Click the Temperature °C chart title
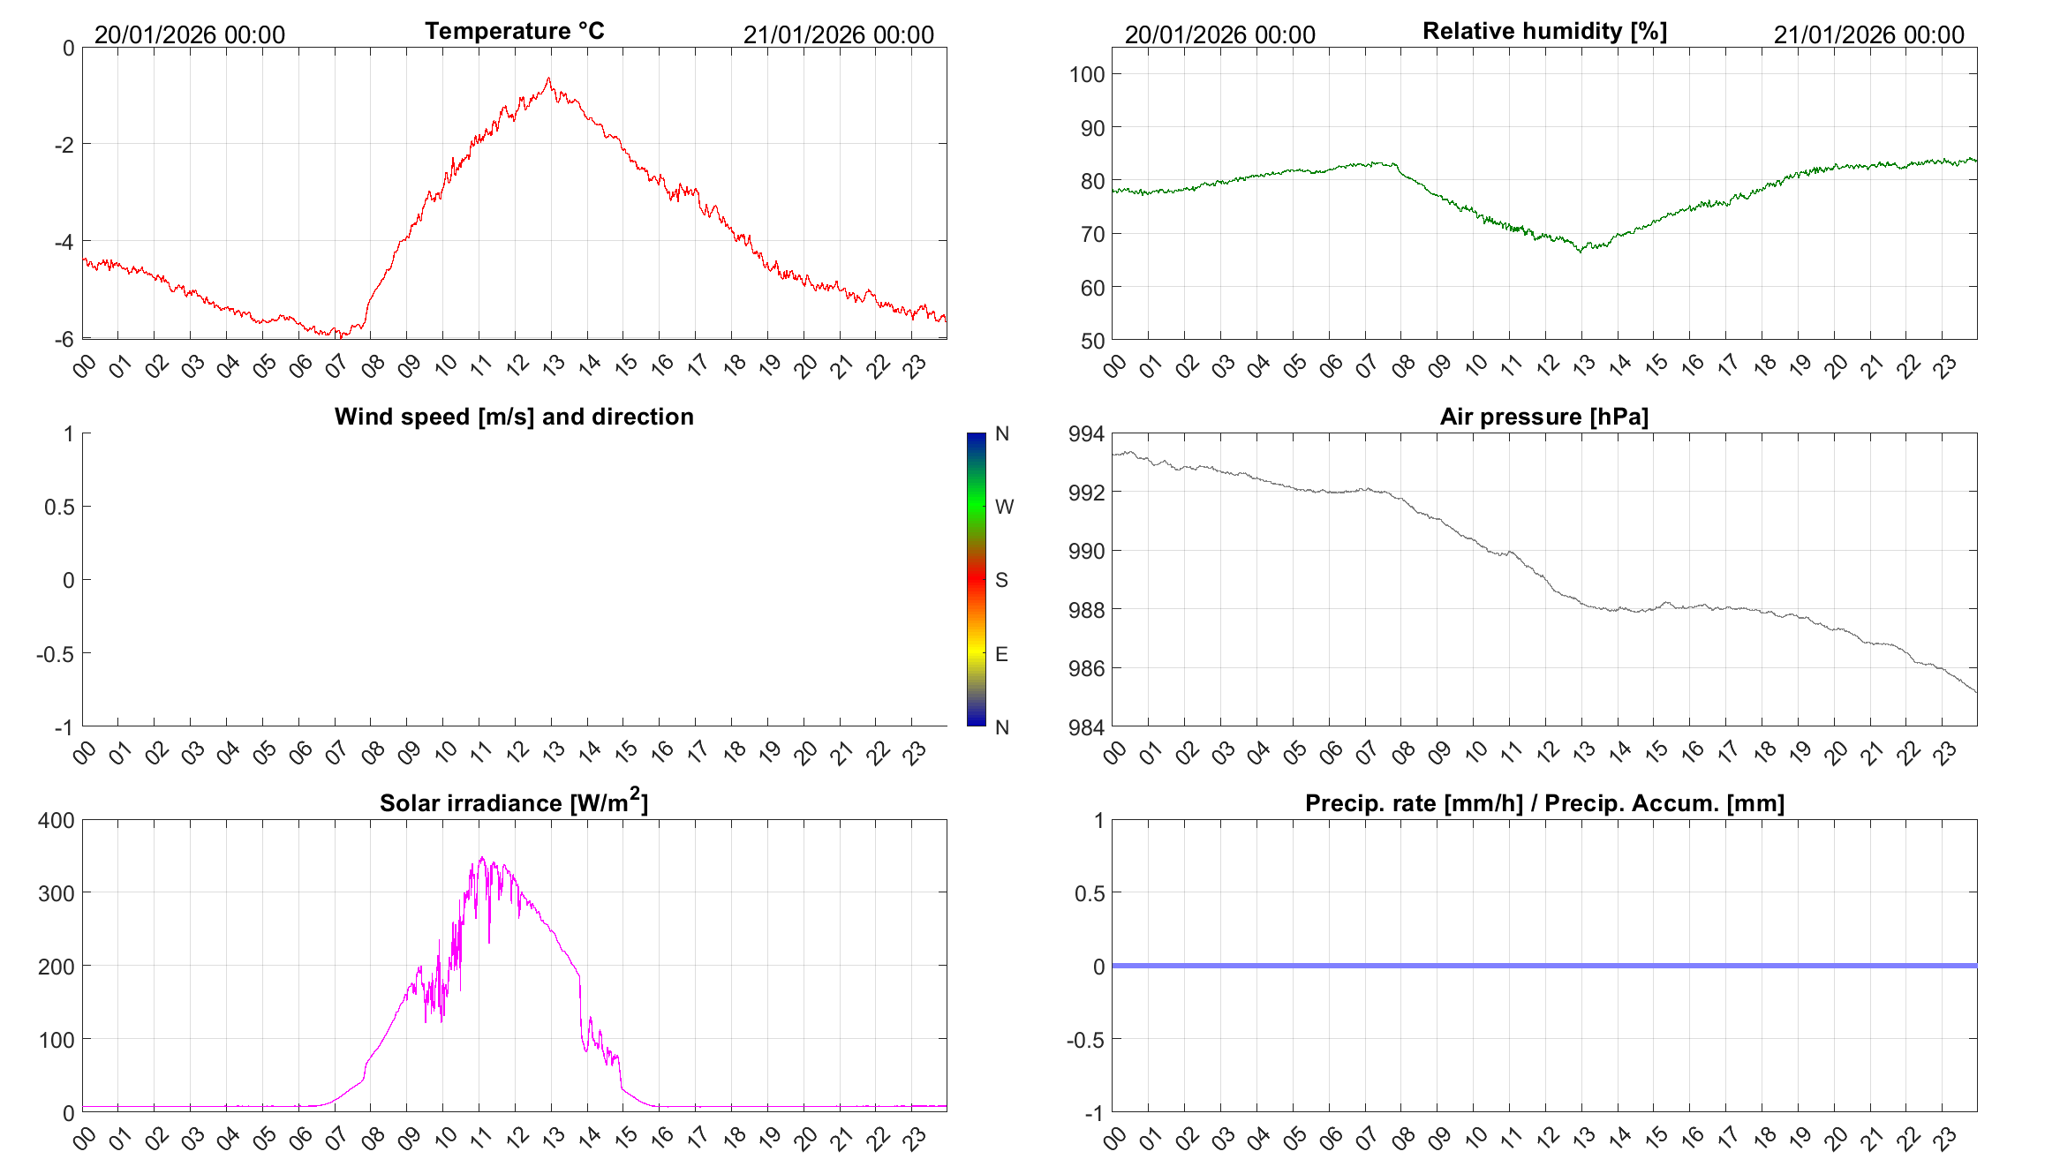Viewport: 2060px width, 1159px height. pos(514,31)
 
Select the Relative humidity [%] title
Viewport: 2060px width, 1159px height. pos(1544,31)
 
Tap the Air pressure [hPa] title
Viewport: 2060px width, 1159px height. pos(1543,417)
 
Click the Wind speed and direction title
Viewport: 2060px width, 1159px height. pos(514,417)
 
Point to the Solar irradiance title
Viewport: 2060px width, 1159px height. pos(514,802)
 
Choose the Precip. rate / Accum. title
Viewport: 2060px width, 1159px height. pos(1544,803)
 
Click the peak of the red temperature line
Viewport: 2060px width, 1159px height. pos(548,79)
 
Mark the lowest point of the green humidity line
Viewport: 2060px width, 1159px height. pos(1581,252)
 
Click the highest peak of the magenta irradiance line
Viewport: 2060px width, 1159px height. pos(481,857)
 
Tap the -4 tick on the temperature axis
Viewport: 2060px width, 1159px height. pos(64,241)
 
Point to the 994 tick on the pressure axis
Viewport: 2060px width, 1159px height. pos(1086,433)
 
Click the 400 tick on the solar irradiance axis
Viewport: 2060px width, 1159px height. pos(57,820)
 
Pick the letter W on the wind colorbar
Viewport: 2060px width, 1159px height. pos(1004,507)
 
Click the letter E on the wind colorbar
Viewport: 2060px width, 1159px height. pos(1001,654)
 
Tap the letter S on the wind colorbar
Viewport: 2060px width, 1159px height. pos(1001,580)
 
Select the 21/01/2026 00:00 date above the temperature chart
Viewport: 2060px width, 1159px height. pos(838,34)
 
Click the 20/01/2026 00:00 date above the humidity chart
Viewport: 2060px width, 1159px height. pos(1219,34)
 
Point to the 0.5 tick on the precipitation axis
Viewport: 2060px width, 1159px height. pos(1089,893)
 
